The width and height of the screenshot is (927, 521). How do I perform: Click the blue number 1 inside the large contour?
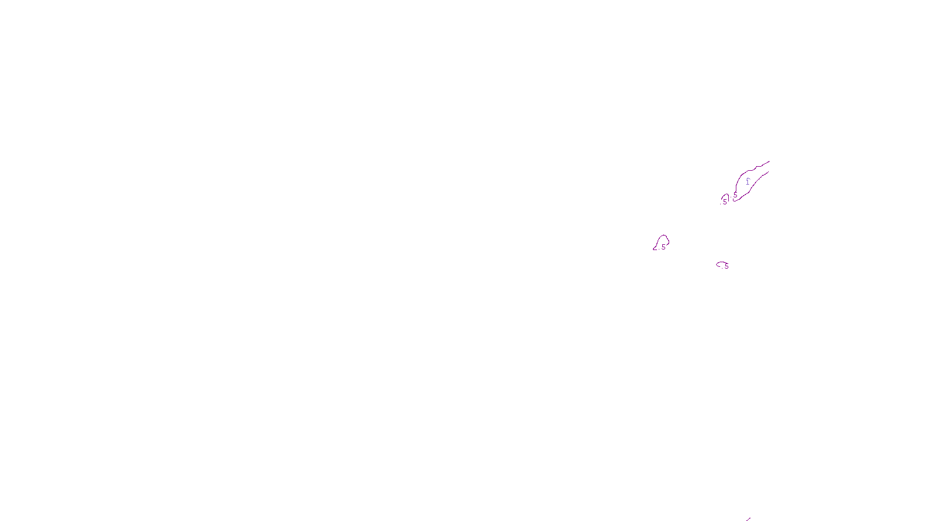click(747, 181)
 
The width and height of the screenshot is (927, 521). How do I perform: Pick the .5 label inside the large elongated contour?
click(735, 195)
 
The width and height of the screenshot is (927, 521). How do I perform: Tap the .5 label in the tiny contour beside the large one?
click(724, 202)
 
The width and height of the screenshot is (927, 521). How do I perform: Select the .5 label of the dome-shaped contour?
click(663, 247)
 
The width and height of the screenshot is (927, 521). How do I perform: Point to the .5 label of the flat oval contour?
click(726, 266)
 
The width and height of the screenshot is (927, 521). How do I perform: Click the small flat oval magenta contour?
click(720, 263)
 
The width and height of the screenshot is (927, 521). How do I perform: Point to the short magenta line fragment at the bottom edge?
click(748, 519)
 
